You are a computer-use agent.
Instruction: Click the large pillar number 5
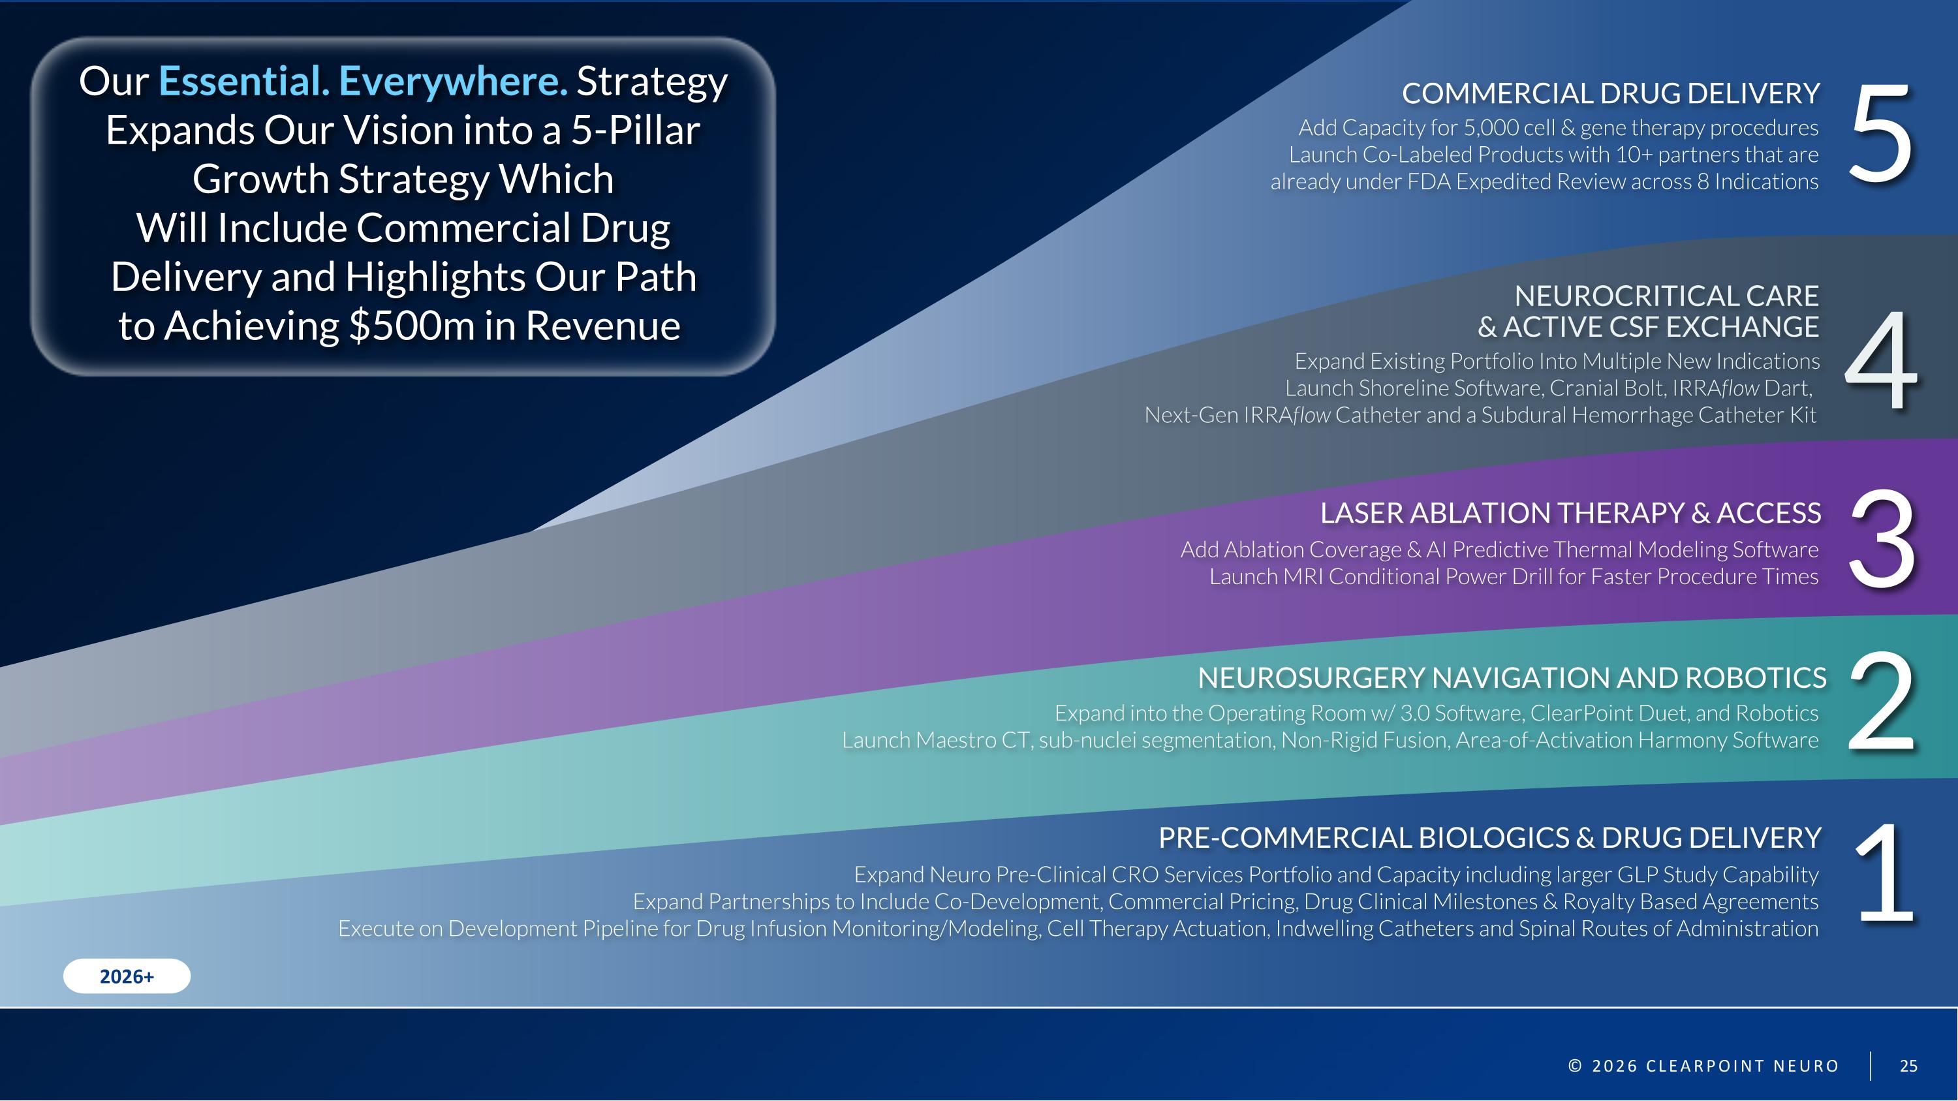[x=1880, y=135]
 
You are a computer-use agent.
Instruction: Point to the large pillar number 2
[x=1880, y=703]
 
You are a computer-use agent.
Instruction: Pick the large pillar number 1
[x=1885, y=874]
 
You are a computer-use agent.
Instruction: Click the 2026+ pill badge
[x=127, y=976]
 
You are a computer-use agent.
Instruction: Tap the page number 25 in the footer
[x=1908, y=1066]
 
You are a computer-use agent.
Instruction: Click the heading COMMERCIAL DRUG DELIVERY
[x=1611, y=93]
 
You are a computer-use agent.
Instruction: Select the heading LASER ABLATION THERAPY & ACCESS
[x=1570, y=514]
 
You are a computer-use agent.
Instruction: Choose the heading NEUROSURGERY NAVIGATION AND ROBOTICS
[x=1512, y=678]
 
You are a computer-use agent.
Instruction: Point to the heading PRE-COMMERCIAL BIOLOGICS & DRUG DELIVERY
[x=1489, y=838]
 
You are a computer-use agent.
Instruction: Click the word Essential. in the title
[x=244, y=82]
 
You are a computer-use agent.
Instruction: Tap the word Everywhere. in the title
[x=453, y=82]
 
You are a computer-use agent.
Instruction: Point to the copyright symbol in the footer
[x=1575, y=1066]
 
